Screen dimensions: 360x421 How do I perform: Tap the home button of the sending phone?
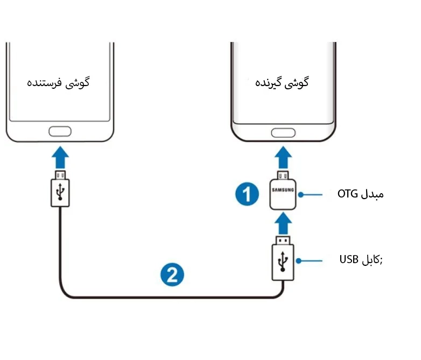click(x=59, y=131)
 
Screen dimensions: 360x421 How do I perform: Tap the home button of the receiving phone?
click(x=283, y=133)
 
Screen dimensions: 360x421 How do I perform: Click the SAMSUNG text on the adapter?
click(x=283, y=190)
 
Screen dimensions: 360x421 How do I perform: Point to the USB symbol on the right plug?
click(x=282, y=261)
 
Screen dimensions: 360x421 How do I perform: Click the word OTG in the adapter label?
click(x=347, y=194)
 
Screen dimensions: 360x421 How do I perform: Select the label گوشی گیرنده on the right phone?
click(x=282, y=83)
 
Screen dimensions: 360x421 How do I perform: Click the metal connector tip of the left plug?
click(x=61, y=174)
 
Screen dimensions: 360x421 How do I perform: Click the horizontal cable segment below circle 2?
click(x=172, y=297)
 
